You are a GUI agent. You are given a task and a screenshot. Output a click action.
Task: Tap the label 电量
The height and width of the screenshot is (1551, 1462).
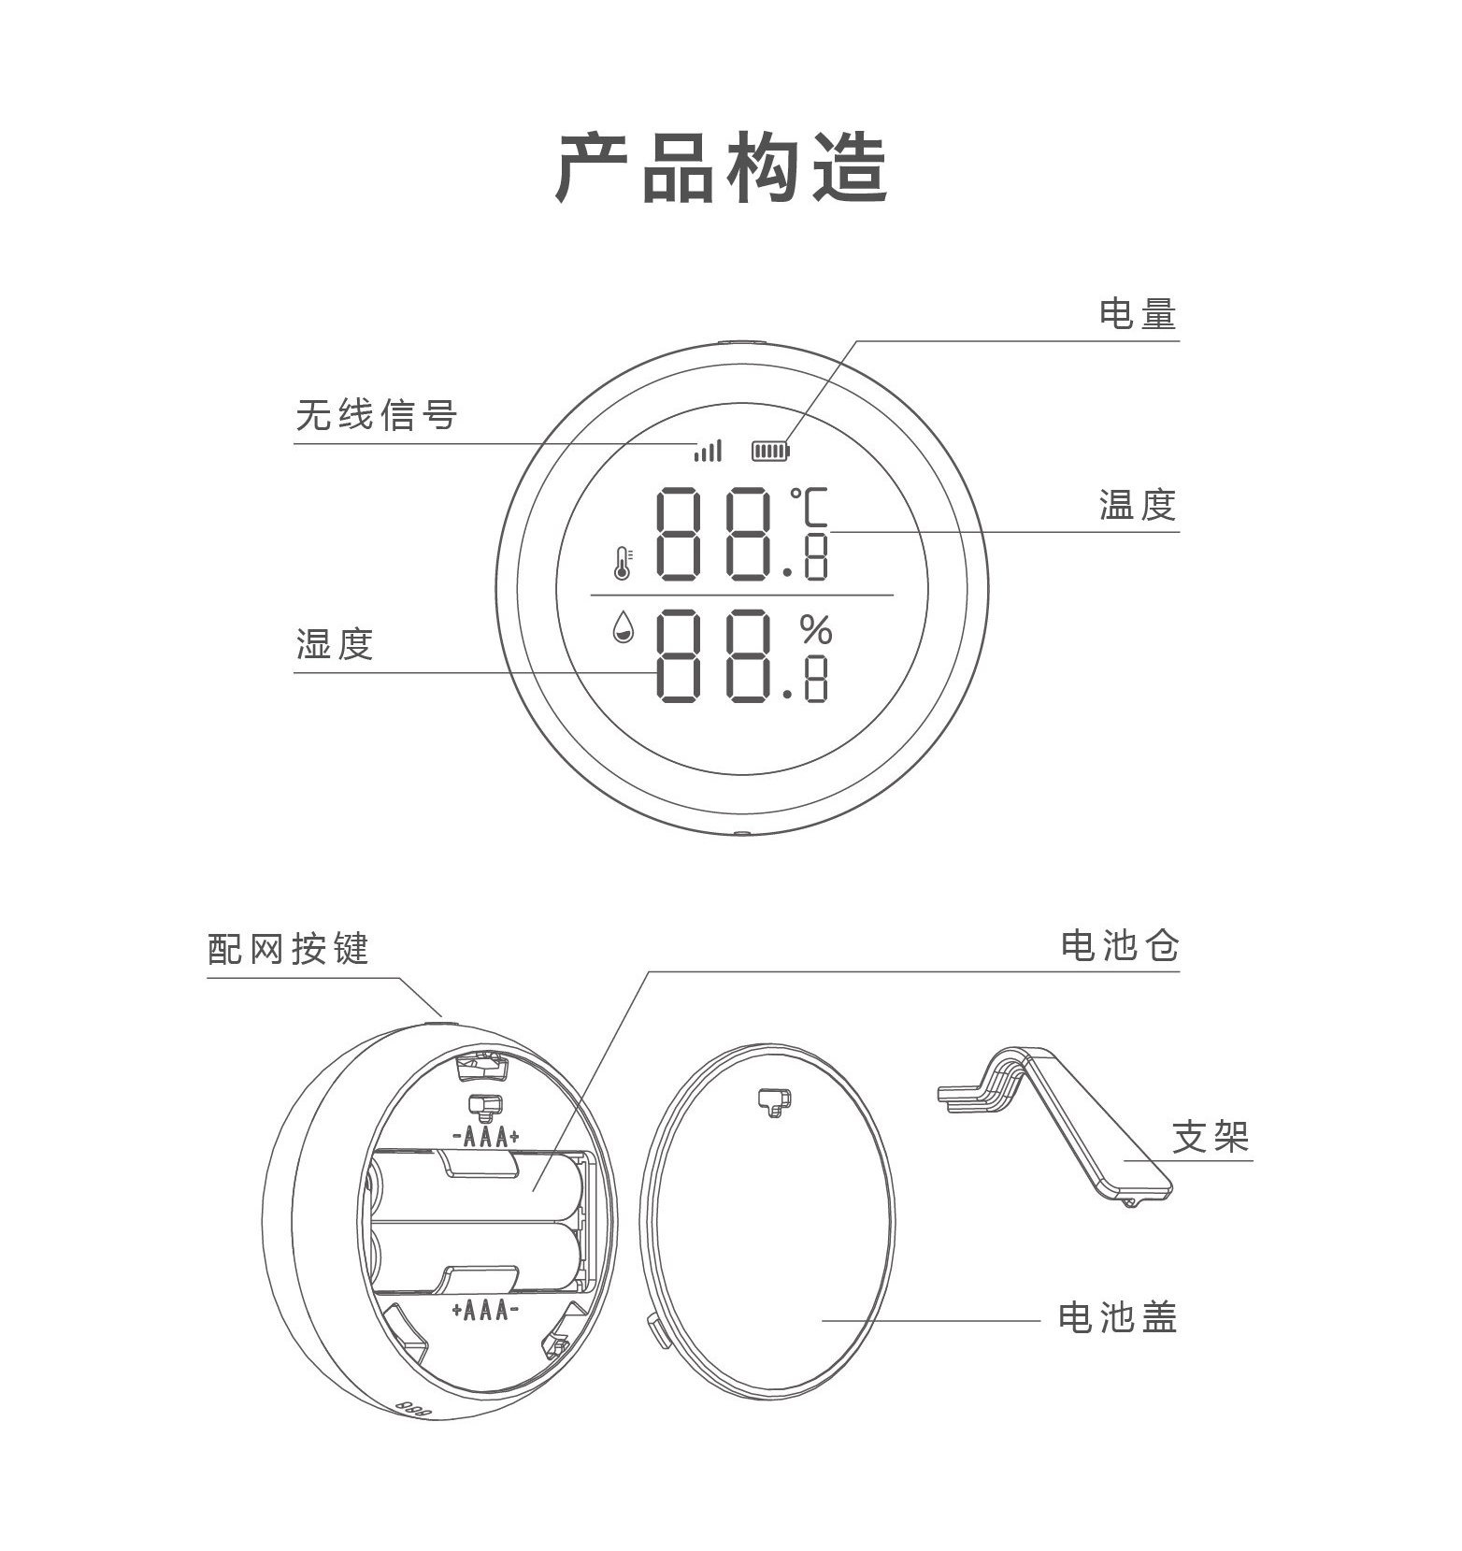(x=1137, y=314)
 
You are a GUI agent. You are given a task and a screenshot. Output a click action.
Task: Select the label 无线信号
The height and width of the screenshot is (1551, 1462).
(x=377, y=415)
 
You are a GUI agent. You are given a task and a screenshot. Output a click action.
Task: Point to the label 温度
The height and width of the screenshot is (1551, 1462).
(x=1137, y=505)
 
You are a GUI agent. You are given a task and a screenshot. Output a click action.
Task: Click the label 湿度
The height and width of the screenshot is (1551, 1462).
(x=335, y=644)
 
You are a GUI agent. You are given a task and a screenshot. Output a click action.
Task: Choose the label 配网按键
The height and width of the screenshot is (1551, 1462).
(x=288, y=949)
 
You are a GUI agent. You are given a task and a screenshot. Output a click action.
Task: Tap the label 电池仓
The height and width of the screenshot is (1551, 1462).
(x=1119, y=946)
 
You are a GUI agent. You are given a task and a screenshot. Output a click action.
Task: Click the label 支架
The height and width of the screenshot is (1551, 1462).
(x=1211, y=1137)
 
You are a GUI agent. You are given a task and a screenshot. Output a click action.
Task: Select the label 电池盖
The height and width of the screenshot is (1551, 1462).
(x=1117, y=1317)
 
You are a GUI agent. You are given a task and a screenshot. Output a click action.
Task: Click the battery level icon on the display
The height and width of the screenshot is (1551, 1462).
(x=771, y=452)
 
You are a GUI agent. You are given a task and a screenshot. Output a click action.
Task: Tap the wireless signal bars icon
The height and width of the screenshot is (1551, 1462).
(x=708, y=452)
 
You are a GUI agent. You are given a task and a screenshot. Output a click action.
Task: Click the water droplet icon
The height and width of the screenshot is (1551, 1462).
(x=623, y=627)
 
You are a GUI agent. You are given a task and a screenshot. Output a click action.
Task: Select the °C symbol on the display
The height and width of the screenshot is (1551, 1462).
(x=810, y=509)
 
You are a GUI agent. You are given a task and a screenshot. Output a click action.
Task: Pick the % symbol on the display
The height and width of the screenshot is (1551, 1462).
(x=816, y=630)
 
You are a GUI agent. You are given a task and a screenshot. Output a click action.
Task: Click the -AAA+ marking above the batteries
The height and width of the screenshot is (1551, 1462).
(x=486, y=1137)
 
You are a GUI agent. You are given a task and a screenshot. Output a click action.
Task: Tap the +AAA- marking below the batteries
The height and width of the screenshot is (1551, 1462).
(x=485, y=1310)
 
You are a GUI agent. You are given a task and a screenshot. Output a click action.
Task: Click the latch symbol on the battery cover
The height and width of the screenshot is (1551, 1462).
(x=774, y=1102)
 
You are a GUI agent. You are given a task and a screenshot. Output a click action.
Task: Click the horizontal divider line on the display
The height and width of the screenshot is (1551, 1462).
(x=742, y=595)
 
